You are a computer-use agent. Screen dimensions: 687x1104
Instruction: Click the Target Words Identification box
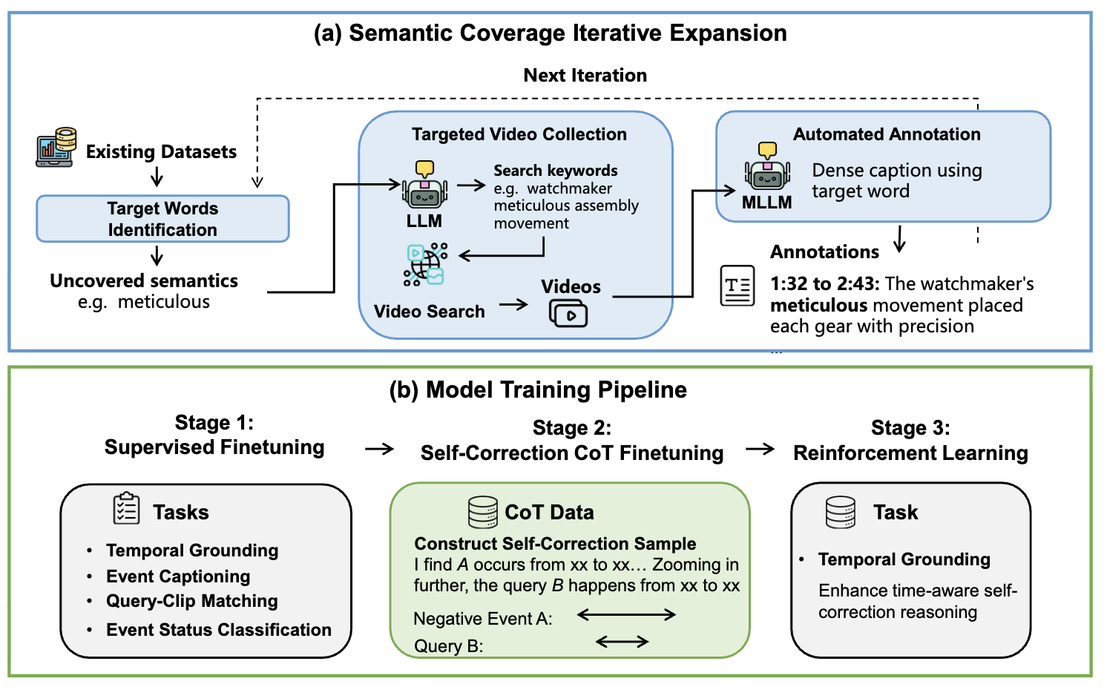(x=162, y=219)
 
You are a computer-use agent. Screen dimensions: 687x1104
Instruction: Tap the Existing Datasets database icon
(x=56, y=147)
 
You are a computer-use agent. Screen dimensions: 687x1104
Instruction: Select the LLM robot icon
(x=424, y=185)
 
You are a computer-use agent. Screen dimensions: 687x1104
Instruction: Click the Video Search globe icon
(x=425, y=264)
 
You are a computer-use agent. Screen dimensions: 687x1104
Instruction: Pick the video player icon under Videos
(x=568, y=313)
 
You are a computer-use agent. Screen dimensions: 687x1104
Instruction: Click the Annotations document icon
(x=737, y=286)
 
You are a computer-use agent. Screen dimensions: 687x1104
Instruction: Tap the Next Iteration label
(x=585, y=75)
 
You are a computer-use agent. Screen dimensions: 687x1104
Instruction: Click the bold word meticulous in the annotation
(x=818, y=306)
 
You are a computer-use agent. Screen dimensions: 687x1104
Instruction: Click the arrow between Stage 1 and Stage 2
(x=379, y=449)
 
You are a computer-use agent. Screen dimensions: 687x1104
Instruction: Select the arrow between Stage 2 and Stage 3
(x=760, y=449)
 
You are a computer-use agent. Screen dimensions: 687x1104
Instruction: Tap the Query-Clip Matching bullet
(x=191, y=601)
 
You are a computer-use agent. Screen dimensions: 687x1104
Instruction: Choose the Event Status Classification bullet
(x=218, y=630)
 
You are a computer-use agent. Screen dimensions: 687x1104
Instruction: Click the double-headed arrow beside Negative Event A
(x=626, y=614)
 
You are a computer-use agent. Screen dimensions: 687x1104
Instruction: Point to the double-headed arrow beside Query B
(x=622, y=642)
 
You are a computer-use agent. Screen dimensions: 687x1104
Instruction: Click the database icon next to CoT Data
(x=483, y=512)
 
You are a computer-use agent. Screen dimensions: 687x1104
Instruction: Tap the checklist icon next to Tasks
(x=127, y=509)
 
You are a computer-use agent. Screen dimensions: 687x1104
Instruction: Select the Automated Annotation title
(x=887, y=134)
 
